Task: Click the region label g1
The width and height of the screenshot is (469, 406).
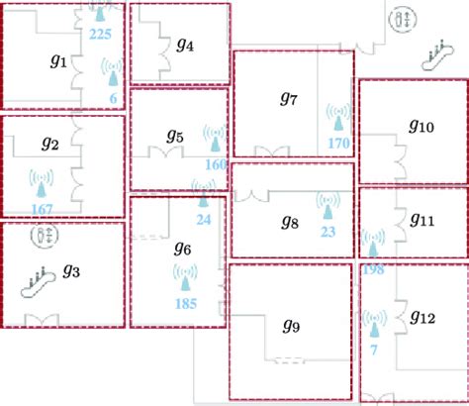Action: pyautogui.click(x=58, y=61)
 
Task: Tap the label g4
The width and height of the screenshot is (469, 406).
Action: pyautogui.click(x=185, y=45)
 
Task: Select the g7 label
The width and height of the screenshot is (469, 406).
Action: pyautogui.click(x=289, y=98)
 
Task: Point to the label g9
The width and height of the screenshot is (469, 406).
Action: pyautogui.click(x=291, y=326)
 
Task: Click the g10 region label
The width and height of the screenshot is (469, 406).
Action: pyautogui.click(x=422, y=126)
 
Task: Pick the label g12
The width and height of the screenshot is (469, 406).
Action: pyautogui.click(x=422, y=317)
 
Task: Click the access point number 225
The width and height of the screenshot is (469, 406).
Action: pyautogui.click(x=100, y=34)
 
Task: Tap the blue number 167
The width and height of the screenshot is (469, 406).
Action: pyautogui.click(x=43, y=209)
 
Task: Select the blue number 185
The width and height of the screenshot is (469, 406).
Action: pyautogui.click(x=186, y=304)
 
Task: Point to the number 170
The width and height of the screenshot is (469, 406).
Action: pyautogui.click(x=338, y=144)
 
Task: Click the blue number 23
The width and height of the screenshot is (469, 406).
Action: pyautogui.click(x=328, y=232)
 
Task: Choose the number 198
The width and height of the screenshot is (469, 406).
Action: pyautogui.click(x=373, y=269)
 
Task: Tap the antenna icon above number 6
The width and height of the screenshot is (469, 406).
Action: pyautogui.click(x=113, y=71)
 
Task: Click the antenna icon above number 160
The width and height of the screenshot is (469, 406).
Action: pyautogui.click(x=215, y=138)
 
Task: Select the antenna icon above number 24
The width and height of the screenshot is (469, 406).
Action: pyautogui.click(x=203, y=194)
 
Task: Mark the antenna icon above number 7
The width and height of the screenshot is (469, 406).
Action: pyautogui.click(x=374, y=324)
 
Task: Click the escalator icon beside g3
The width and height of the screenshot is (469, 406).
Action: pyautogui.click(x=38, y=282)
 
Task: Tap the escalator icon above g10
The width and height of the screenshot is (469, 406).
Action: pyautogui.click(x=438, y=55)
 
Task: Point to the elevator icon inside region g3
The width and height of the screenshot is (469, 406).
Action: pyautogui.click(x=45, y=235)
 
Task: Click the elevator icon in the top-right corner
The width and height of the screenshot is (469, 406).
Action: pyautogui.click(x=403, y=18)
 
